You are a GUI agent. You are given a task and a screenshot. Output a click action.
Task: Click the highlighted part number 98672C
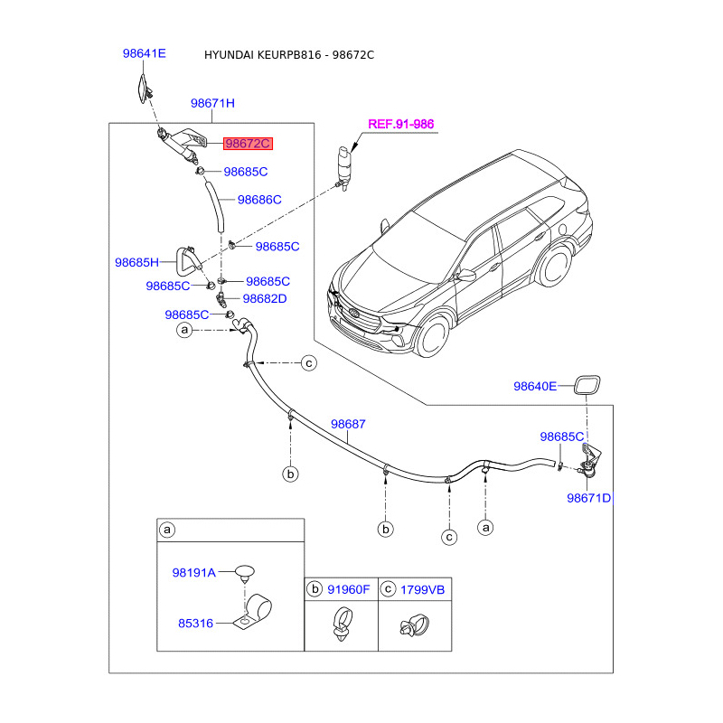pyautogui.click(x=248, y=144)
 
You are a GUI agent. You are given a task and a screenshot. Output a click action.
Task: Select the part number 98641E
pyautogui.click(x=145, y=53)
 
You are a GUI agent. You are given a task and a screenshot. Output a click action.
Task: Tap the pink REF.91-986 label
pyautogui.click(x=400, y=124)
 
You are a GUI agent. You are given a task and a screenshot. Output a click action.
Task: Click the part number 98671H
pyautogui.click(x=212, y=103)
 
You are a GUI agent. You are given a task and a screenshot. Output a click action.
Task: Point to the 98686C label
pyautogui.click(x=259, y=200)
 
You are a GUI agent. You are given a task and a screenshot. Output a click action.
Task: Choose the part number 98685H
pyautogui.click(x=136, y=262)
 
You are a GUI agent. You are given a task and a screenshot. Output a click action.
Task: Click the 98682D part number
pyautogui.click(x=265, y=299)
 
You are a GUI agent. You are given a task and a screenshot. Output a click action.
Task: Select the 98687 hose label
pyautogui.click(x=348, y=424)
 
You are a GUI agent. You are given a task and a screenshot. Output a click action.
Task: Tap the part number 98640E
pyautogui.click(x=535, y=387)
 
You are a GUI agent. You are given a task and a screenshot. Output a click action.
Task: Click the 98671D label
pyautogui.click(x=588, y=498)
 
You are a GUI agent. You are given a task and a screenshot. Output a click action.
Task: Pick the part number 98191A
pyautogui.click(x=193, y=573)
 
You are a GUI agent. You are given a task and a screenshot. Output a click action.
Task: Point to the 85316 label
pyautogui.click(x=195, y=624)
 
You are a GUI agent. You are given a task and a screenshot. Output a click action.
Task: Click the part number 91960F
pyautogui.click(x=349, y=590)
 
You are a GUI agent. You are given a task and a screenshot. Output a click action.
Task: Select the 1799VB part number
pyautogui.click(x=422, y=590)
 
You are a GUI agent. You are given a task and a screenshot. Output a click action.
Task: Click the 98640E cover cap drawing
pyautogui.click(x=587, y=386)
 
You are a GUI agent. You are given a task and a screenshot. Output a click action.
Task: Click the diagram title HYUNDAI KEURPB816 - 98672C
pyautogui.click(x=289, y=55)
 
